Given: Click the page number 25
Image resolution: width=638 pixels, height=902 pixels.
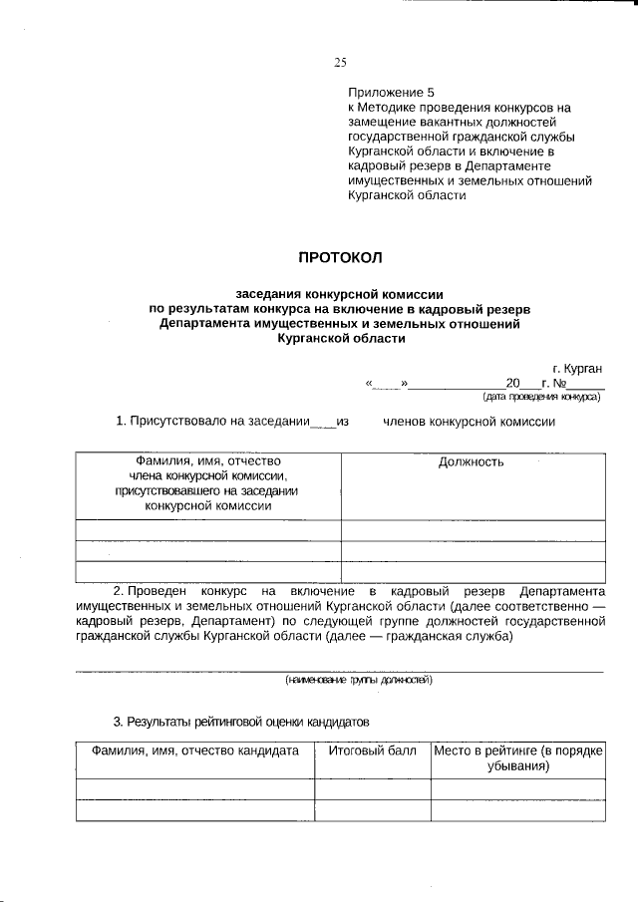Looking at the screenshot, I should pyautogui.click(x=340, y=63).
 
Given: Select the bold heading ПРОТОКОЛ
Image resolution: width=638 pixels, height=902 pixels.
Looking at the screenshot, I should pyautogui.click(x=340, y=258).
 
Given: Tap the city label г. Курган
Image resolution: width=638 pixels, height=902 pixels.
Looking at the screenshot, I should pyautogui.click(x=577, y=368).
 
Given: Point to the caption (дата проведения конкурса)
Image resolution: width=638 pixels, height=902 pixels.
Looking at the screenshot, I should pyautogui.click(x=547, y=396).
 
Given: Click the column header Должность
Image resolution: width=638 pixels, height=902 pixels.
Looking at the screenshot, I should pyautogui.click(x=471, y=461).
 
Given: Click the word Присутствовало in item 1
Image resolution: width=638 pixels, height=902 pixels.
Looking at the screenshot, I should pyautogui.click(x=186, y=422).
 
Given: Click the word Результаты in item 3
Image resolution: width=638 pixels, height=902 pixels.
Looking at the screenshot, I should pyautogui.click(x=163, y=720).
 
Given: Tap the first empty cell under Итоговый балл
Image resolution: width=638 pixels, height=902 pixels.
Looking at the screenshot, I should pyautogui.click(x=372, y=789).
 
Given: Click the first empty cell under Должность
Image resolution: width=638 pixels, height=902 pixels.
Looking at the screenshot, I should pyautogui.click(x=471, y=529).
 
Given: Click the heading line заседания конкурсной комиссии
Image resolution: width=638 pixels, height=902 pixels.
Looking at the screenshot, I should pyautogui.click(x=339, y=294).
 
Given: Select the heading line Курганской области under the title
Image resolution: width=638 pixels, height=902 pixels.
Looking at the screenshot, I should pyautogui.click(x=340, y=339).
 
